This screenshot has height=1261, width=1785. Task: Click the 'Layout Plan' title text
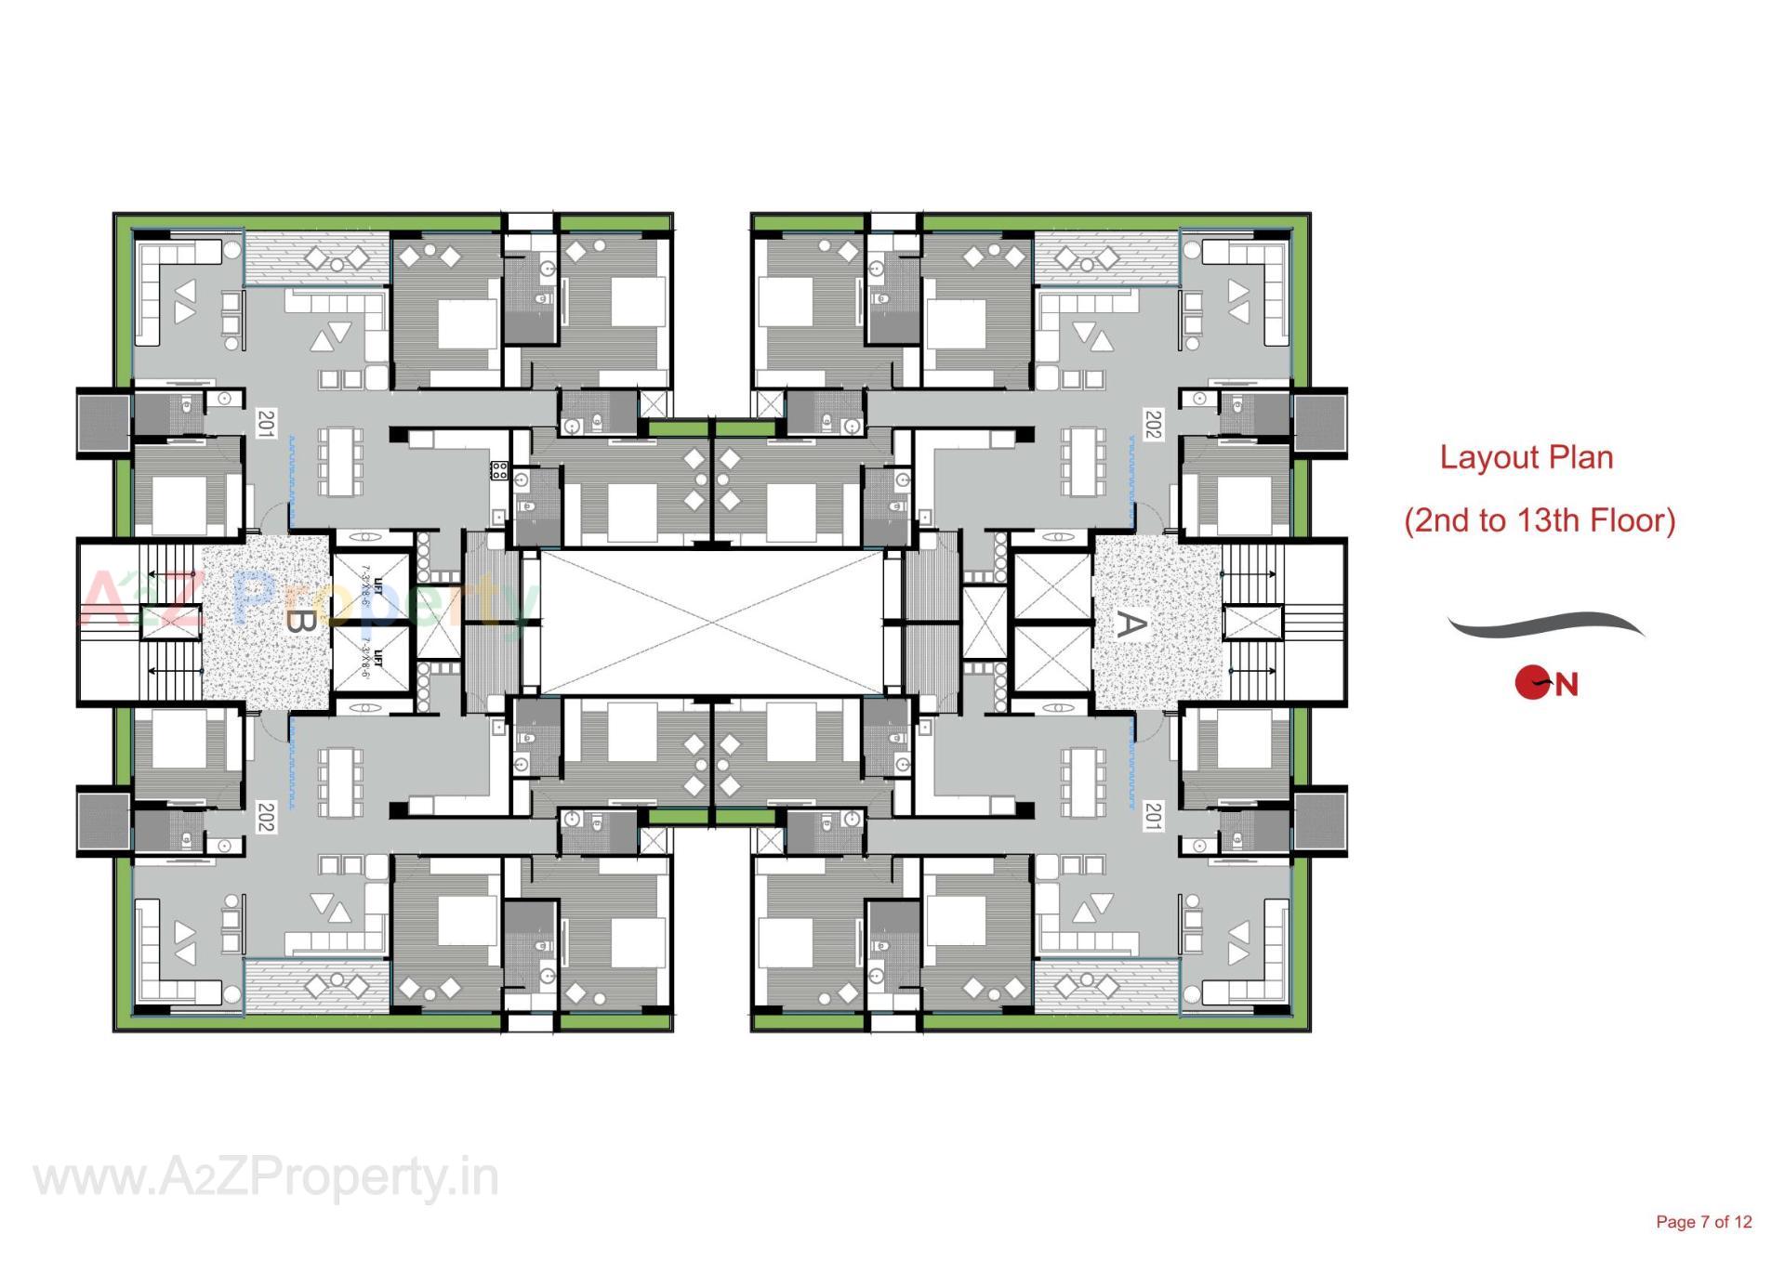point(1526,457)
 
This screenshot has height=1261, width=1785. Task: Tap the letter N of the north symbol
point(1567,686)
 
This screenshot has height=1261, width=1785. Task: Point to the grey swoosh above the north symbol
point(1545,625)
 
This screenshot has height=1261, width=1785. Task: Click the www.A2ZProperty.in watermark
point(266,1178)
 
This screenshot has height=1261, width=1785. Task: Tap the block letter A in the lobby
point(1128,624)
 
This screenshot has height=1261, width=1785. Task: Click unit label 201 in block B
point(266,424)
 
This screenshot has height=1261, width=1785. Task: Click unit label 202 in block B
point(266,818)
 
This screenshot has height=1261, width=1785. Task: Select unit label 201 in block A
point(1152,818)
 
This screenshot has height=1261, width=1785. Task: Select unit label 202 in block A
point(1152,424)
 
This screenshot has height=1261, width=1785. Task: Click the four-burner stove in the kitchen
point(499,470)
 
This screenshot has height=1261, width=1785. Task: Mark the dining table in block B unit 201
point(340,462)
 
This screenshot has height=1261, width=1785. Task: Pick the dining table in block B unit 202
point(340,781)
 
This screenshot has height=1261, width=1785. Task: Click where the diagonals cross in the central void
point(711,622)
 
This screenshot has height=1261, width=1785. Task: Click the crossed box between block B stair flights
point(171,622)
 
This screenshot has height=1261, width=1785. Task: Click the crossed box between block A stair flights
point(1252,622)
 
